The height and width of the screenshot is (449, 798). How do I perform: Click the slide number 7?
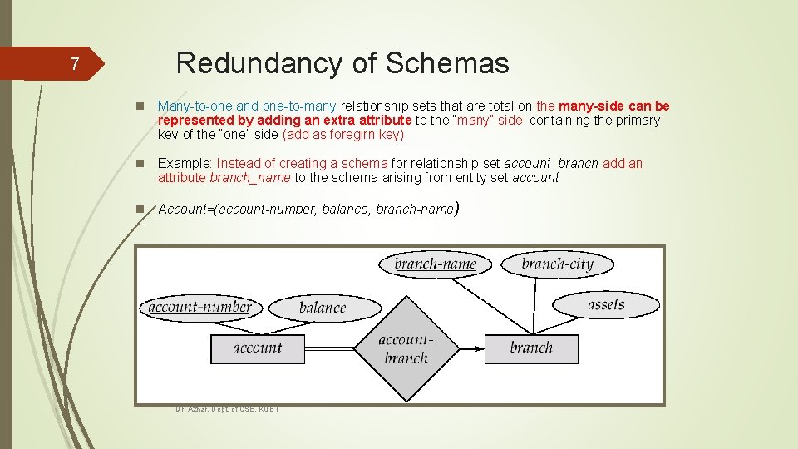pos(74,64)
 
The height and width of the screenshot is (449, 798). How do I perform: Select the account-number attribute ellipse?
pos(199,307)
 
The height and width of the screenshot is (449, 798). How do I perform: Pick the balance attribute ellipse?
pos(322,308)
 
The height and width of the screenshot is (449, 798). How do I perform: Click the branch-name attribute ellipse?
pos(435,264)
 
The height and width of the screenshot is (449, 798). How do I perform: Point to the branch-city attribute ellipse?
pos(557,264)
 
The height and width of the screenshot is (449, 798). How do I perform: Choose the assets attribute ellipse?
pos(605,304)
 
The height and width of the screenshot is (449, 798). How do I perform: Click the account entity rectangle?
pos(258,348)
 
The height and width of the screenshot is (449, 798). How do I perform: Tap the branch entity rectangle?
pos(531,348)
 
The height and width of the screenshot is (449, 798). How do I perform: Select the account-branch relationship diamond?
pos(406,348)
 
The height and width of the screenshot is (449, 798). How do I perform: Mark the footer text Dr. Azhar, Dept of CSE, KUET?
pos(227,409)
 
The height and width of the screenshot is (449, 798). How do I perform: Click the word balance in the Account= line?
pos(345,210)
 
